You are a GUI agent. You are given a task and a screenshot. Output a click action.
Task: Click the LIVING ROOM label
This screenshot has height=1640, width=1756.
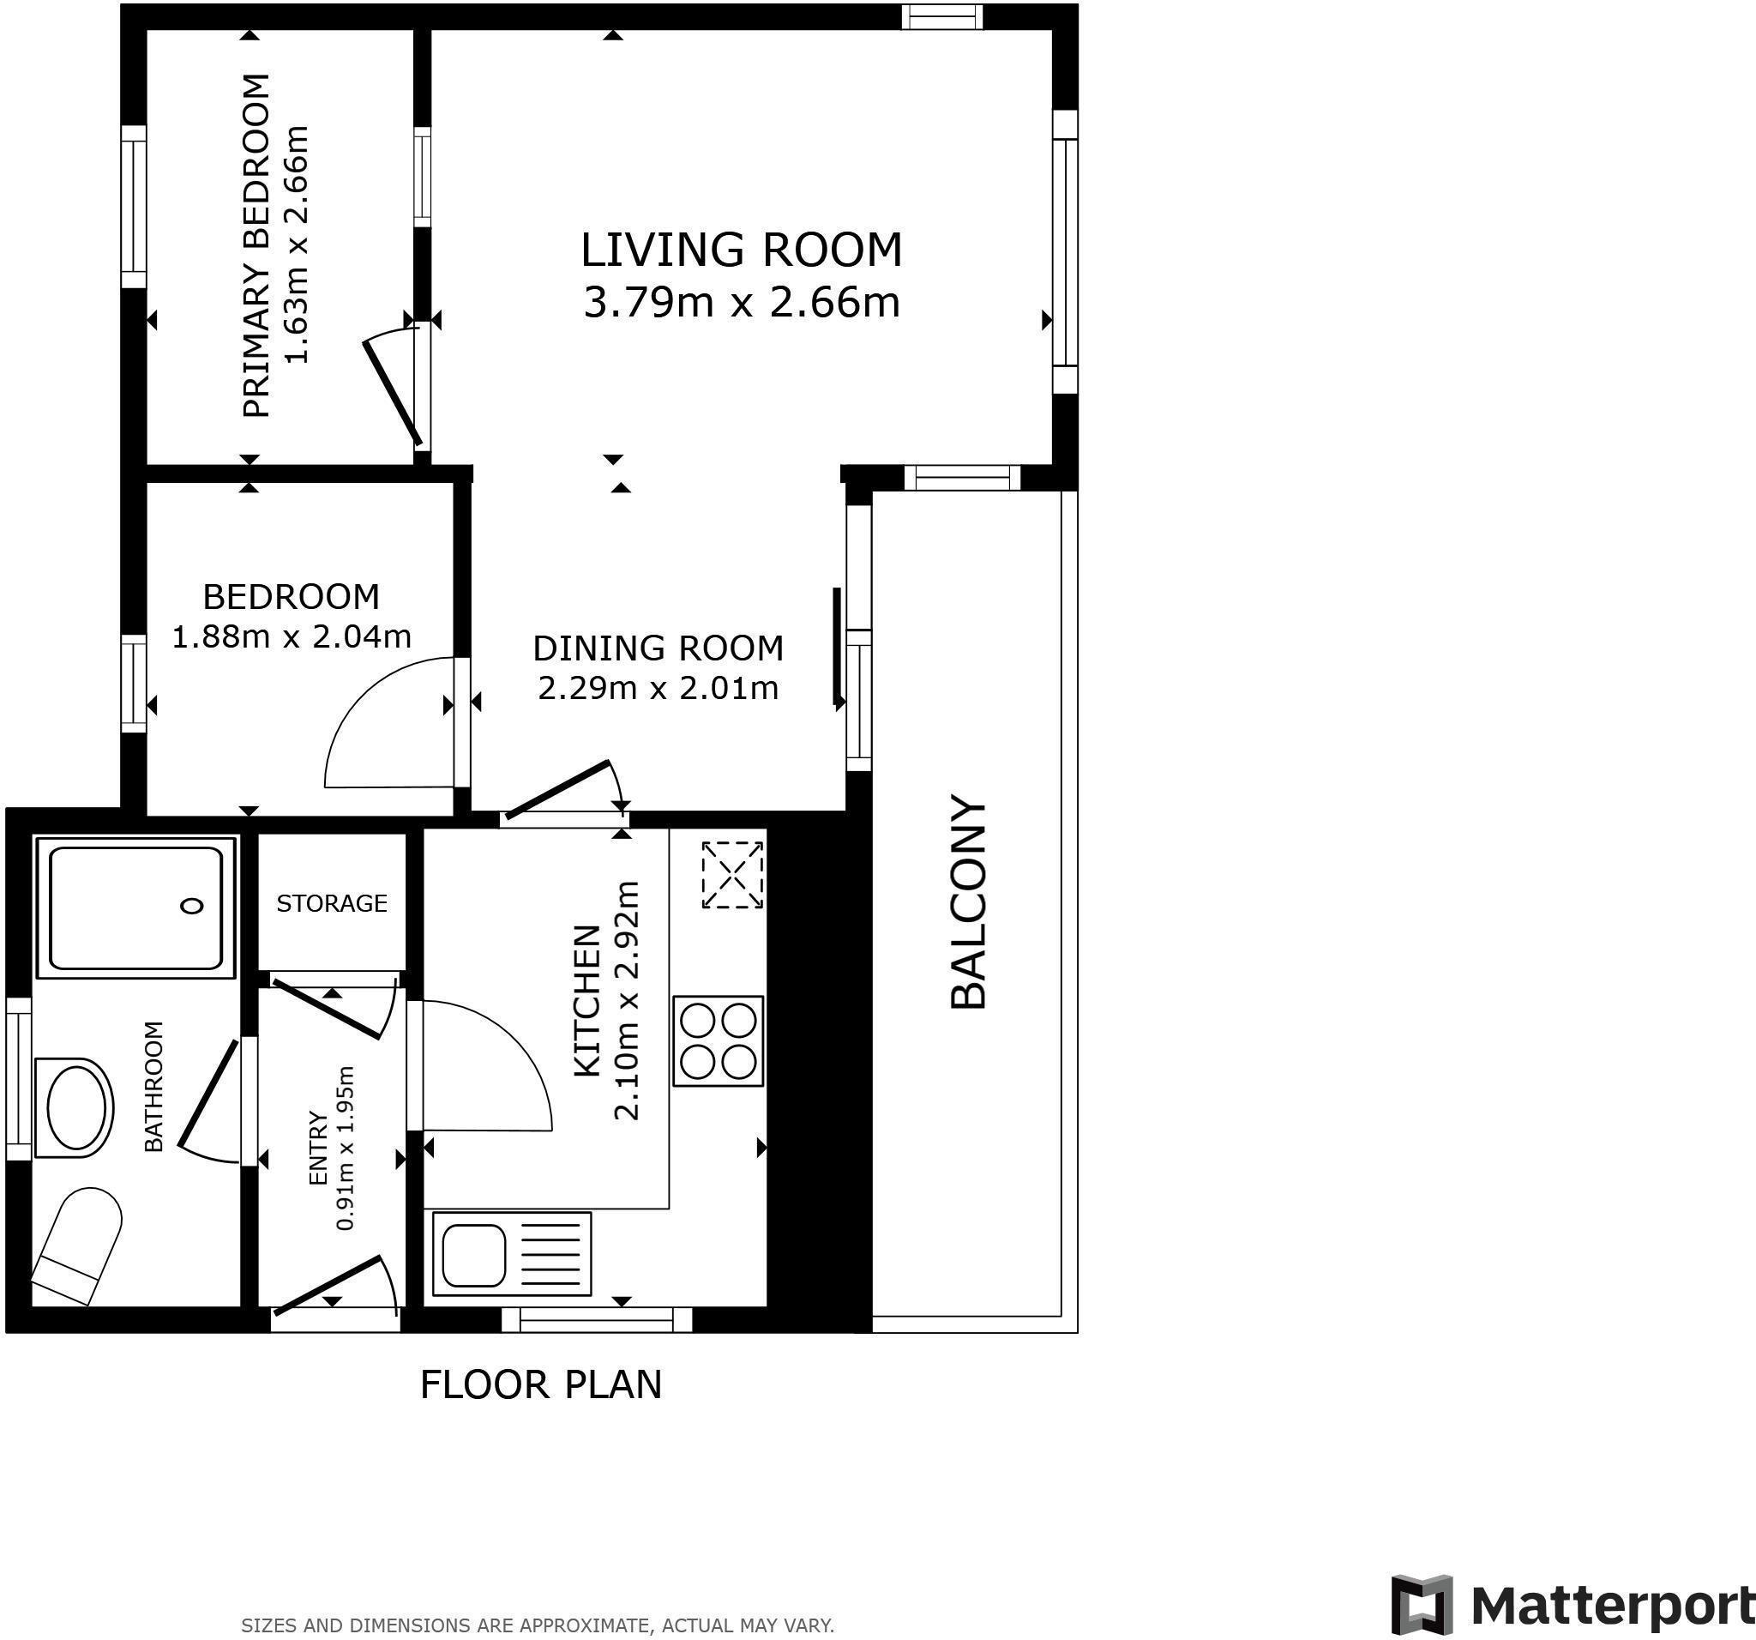[741, 250]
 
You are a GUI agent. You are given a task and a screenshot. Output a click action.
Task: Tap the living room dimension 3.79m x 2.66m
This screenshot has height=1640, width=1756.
[741, 303]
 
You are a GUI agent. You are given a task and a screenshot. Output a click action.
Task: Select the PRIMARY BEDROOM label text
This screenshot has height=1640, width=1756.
[256, 244]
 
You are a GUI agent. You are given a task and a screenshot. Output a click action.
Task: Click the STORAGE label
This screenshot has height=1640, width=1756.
[331, 903]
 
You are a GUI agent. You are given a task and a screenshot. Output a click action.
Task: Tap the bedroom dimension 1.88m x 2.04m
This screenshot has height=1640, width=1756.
[291, 636]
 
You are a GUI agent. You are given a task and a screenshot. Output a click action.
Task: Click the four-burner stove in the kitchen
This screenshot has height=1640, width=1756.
[718, 1041]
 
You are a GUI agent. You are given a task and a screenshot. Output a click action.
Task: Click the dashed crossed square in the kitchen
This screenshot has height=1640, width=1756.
[732, 875]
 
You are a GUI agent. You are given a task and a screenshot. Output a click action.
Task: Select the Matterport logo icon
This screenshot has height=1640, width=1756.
[1422, 1605]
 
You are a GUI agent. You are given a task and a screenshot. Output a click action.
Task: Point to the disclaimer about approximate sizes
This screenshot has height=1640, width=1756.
[537, 1624]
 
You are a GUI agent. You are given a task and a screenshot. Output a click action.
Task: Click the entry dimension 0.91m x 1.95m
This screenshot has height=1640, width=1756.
[346, 1148]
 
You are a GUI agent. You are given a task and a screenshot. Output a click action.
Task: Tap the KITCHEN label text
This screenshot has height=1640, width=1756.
[587, 1001]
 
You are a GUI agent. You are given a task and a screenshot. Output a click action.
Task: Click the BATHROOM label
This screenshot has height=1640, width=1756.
[153, 1086]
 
